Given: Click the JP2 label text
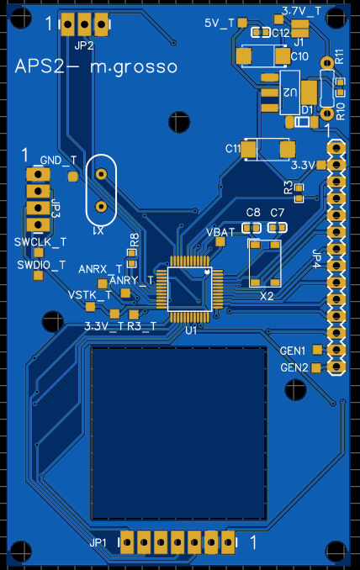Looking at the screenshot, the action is (84, 45).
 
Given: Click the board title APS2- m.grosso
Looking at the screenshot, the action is (97, 67).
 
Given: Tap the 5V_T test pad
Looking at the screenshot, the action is (242, 23).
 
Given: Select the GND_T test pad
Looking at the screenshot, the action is (72, 177).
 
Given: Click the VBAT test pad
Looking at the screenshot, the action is (220, 241).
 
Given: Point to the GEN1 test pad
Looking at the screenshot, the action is (317, 350).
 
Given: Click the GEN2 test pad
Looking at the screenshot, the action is (316, 367).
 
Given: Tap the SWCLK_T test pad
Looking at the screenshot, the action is (38, 252).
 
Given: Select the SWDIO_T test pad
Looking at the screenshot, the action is (38, 275).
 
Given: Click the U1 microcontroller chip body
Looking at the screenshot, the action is (189, 289).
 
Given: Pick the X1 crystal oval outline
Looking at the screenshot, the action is (86, 190).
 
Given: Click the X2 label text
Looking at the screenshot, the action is (267, 296).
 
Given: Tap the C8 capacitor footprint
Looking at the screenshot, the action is (251, 228).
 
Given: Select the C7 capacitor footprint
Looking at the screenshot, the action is (277, 228).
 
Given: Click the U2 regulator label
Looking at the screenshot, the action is (290, 92).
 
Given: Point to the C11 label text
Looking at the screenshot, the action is (233, 148).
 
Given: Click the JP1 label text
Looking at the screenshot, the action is (98, 543).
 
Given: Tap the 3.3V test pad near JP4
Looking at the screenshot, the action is (321, 165).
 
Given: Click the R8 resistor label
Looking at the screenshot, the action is (135, 240).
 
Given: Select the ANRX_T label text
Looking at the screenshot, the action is (100, 269).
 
